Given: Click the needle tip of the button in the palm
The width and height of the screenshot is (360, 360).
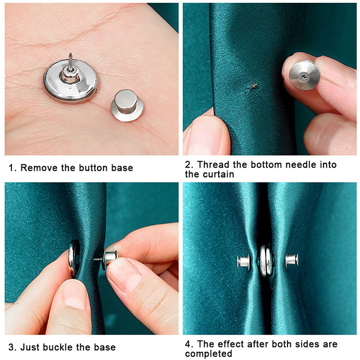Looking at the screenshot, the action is pyautogui.click(x=70, y=54).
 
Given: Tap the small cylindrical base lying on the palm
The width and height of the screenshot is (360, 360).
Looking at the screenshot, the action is pyautogui.click(x=127, y=105).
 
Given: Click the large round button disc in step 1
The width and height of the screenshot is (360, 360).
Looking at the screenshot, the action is pyautogui.click(x=71, y=81).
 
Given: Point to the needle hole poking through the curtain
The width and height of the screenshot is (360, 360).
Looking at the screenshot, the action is pyautogui.click(x=253, y=86).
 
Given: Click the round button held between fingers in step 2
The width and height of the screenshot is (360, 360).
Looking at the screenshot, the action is pyautogui.click(x=305, y=75).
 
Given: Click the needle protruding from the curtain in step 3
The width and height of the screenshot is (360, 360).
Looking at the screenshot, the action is pyautogui.click(x=97, y=260).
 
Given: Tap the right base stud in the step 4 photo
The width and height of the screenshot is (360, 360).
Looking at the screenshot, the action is pyautogui.click(x=292, y=261).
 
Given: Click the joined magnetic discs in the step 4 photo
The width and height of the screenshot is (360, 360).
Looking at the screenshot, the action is pyautogui.click(x=266, y=261).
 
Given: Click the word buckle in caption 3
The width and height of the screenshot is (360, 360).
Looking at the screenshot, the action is pyautogui.click(x=60, y=347).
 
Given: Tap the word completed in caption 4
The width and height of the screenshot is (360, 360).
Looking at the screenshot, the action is pyautogui.click(x=208, y=354).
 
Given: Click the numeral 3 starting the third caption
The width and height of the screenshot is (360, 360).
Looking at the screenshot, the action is pyautogui.click(x=11, y=347).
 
